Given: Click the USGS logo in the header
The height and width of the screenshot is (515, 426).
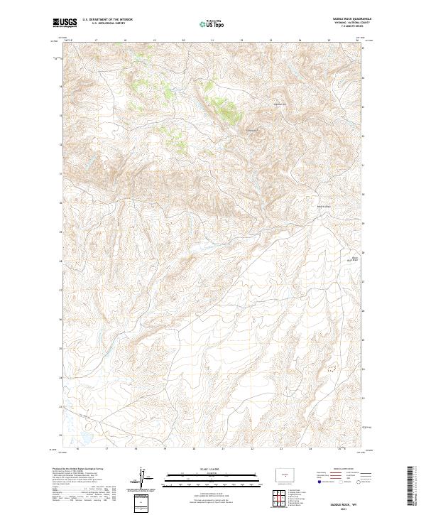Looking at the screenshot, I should pos(64,23).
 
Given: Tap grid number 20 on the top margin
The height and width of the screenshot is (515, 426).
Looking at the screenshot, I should pos(183,40).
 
